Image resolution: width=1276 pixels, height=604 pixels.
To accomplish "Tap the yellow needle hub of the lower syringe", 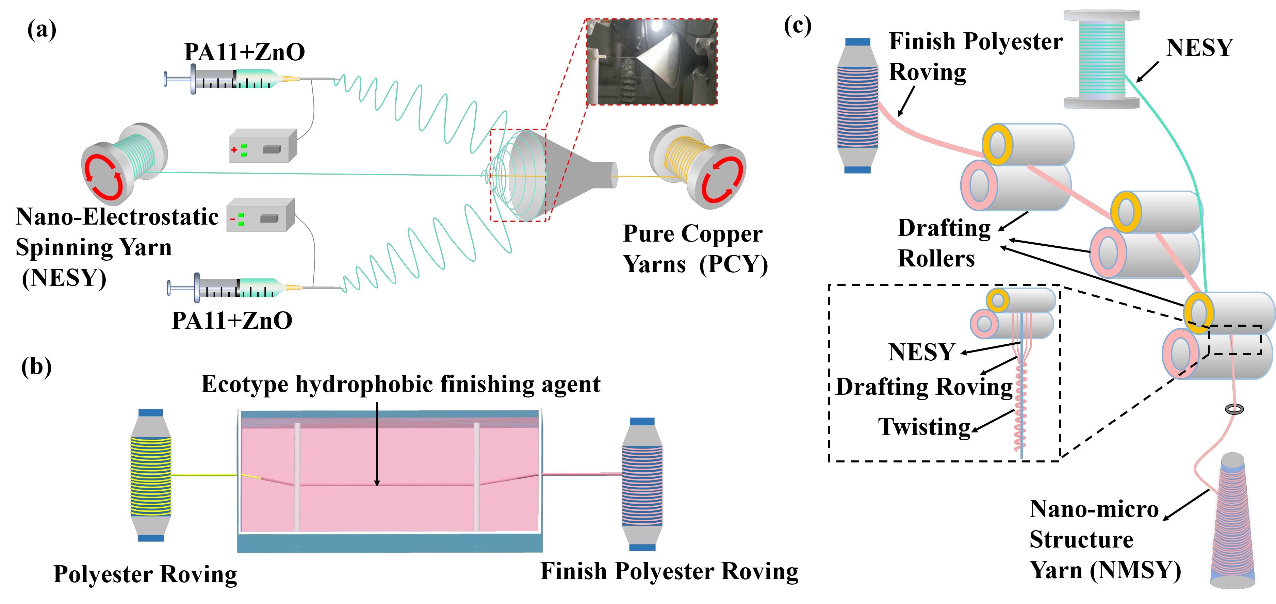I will (x=294, y=288).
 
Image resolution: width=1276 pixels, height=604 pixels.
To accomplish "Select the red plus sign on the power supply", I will (x=234, y=150).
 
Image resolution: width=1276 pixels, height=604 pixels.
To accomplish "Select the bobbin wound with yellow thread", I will (x=151, y=475).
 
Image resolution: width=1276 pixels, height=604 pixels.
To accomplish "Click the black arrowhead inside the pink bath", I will (x=377, y=483).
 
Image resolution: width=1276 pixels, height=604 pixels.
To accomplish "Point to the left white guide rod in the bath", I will (x=297, y=476).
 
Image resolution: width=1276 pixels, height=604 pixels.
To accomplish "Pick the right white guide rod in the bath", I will (x=476, y=476).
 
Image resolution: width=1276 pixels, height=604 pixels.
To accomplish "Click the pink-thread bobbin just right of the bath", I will (x=642, y=485).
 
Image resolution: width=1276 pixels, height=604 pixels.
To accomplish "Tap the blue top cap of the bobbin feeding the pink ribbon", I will (x=857, y=42).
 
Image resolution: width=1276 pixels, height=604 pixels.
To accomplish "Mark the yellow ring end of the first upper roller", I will (x=997, y=145).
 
